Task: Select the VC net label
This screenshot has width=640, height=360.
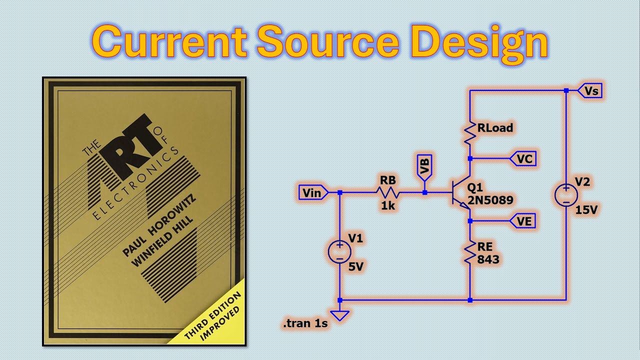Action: (523, 158)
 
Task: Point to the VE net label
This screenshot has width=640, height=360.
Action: (523, 220)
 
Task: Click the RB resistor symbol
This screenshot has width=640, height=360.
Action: (388, 192)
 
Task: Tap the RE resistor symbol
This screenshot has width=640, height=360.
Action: (470, 252)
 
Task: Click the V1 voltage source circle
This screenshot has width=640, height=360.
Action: (339, 251)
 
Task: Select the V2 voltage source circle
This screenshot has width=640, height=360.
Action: (566, 194)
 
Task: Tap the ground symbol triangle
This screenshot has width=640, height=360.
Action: (339, 315)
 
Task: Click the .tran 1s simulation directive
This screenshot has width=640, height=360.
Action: (305, 324)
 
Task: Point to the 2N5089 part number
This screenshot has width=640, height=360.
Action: (490, 200)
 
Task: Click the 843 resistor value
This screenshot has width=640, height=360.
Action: (488, 259)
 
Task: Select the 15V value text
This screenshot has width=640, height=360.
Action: (586, 210)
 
